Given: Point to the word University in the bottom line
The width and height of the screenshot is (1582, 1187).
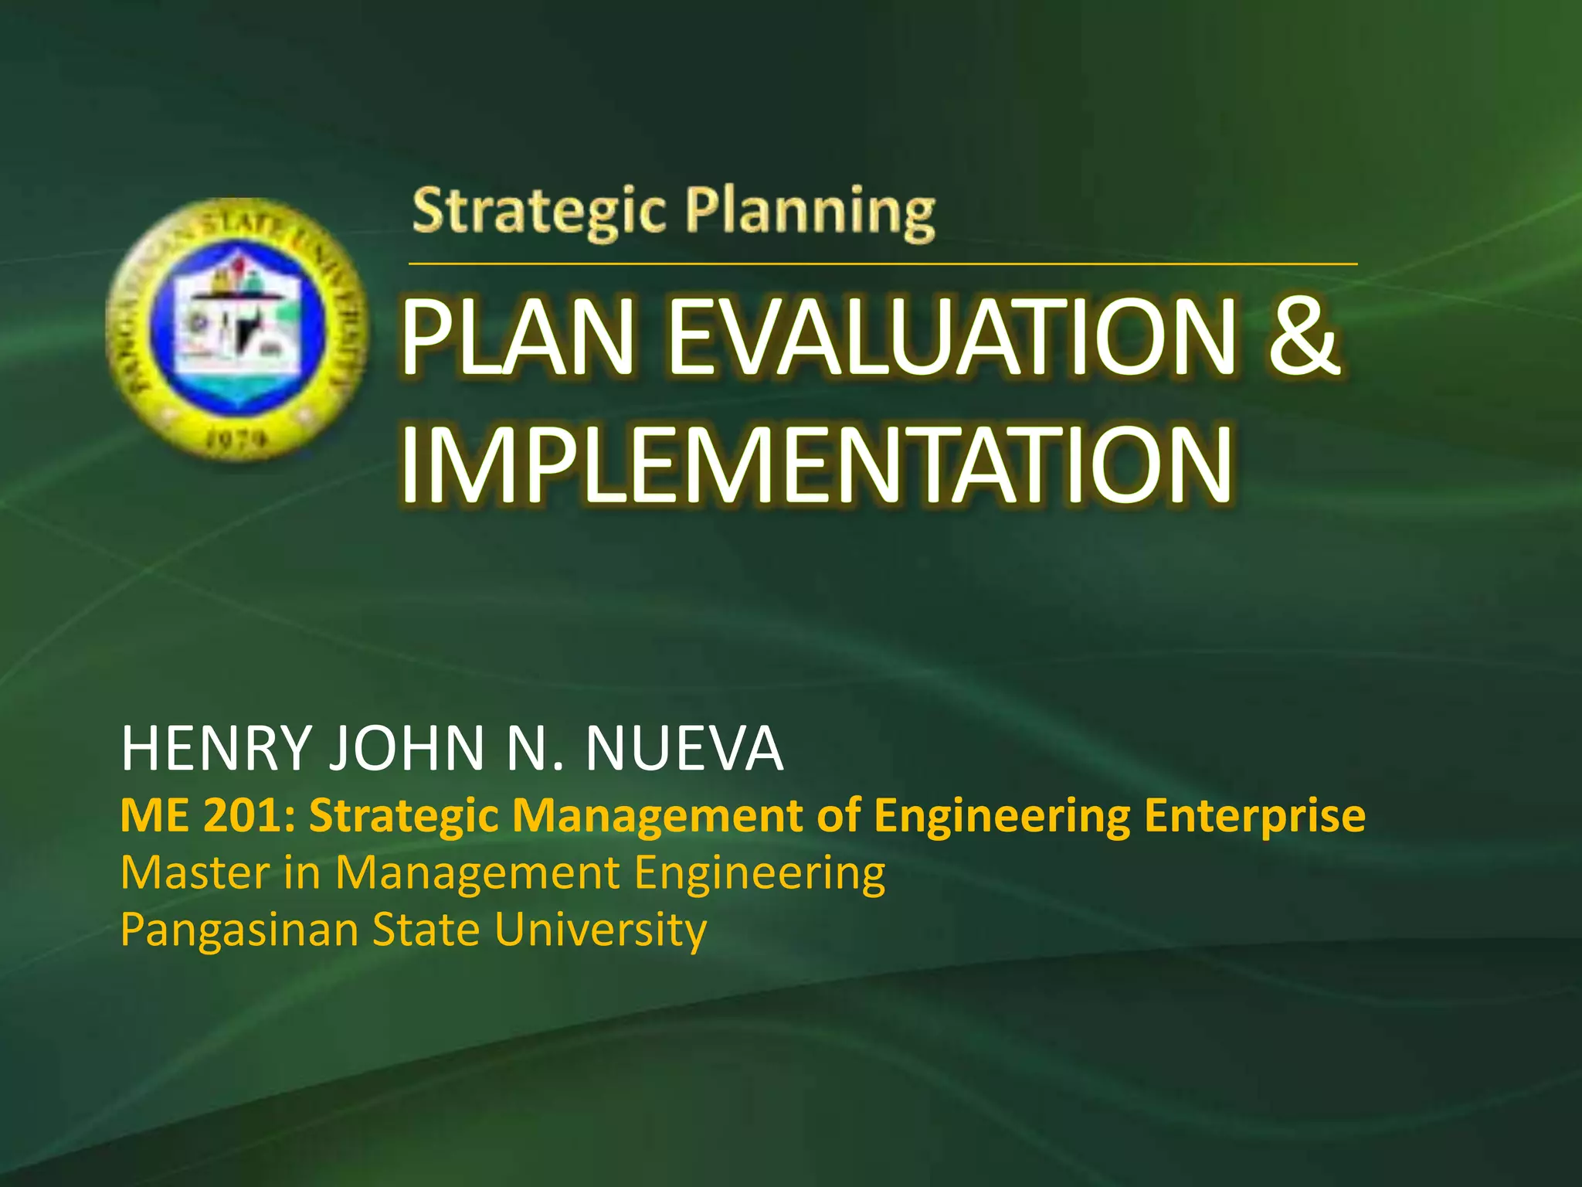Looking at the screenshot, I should click(600, 930).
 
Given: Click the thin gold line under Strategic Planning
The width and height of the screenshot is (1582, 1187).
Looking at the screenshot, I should click(882, 264).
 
